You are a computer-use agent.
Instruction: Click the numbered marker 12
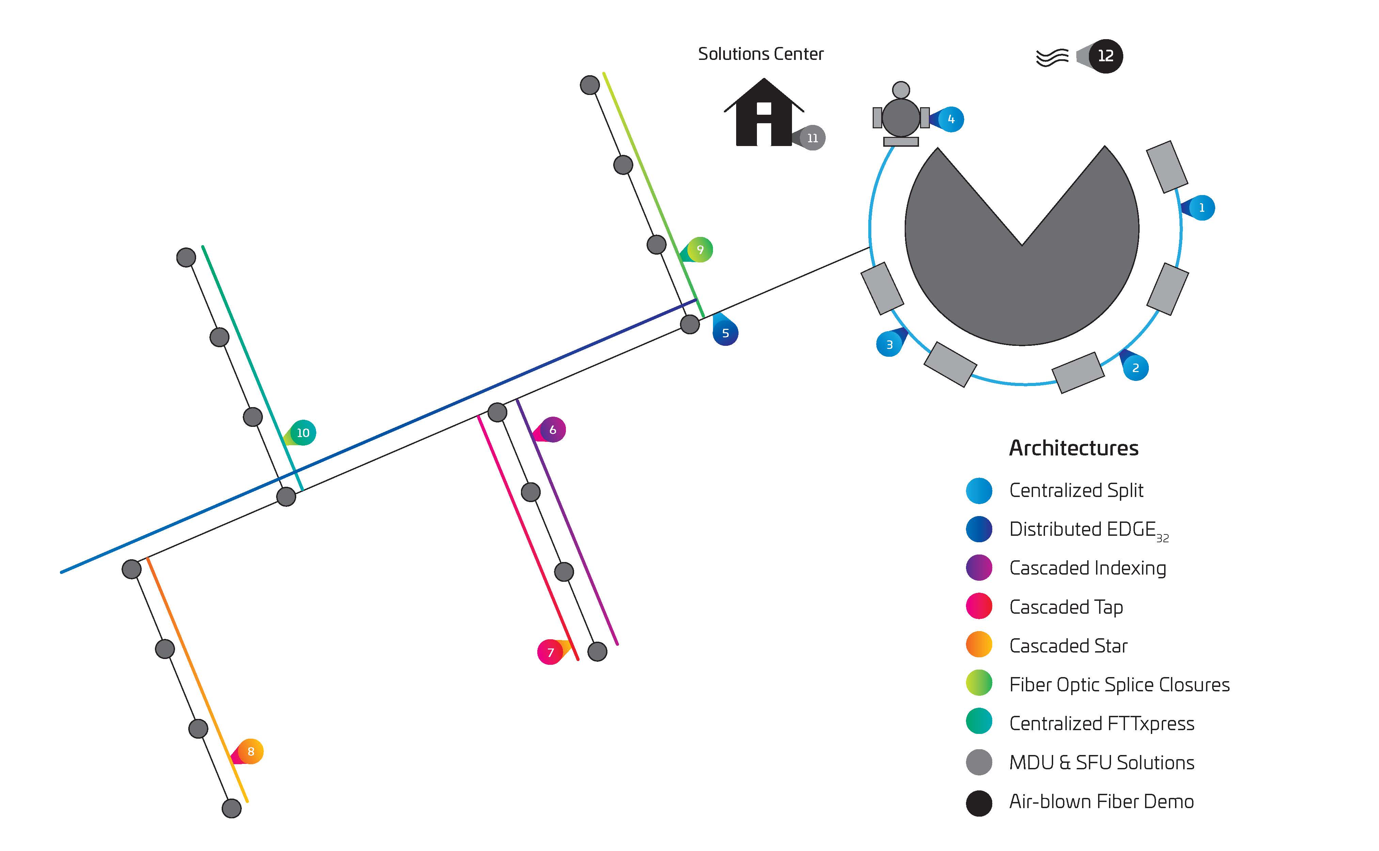click(1105, 56)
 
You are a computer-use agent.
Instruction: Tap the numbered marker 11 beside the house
click(812, 138)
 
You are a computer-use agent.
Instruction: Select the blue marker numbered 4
click(951, 119)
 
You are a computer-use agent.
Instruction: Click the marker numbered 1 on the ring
click(1201, 208)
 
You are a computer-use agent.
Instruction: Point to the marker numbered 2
click(1135, 368)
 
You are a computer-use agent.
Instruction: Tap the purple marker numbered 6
click(552, 430)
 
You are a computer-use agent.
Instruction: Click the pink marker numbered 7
click(551, 652)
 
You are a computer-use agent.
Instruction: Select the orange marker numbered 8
click(251, 751)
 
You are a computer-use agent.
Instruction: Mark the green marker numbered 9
click(700, 249)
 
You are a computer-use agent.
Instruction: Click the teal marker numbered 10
click(303, 433)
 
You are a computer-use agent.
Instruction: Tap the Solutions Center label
click(760, 54)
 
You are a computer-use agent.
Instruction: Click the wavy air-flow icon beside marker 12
click(1052, 57)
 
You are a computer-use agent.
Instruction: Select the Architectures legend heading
click(1073, 448)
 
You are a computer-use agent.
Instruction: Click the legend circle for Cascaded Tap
click(979, 606)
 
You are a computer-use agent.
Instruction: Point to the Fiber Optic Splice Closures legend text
click(1119, 685)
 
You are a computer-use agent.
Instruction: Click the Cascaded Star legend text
click(1068, 645)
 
